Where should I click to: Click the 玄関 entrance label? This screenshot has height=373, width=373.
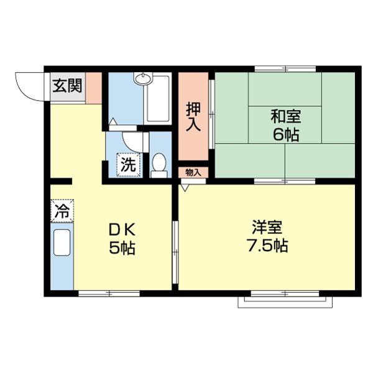point(67,86)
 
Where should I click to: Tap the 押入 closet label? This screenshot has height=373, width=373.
point(194,116)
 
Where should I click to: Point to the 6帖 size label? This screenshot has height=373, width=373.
point(285,135)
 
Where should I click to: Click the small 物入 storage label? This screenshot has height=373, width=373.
point(193,172)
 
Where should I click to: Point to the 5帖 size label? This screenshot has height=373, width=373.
point(122,247)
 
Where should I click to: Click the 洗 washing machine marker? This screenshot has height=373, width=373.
point(128,166)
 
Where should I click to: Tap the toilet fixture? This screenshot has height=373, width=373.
point(159,165)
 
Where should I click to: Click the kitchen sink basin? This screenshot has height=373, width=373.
point(62,242)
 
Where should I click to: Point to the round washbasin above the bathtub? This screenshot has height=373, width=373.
point(144,79)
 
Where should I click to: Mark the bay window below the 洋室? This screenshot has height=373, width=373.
point(285,301)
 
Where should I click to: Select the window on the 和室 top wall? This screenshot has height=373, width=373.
point(285,69)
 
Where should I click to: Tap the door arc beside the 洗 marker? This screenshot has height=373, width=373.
point(132,141)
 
